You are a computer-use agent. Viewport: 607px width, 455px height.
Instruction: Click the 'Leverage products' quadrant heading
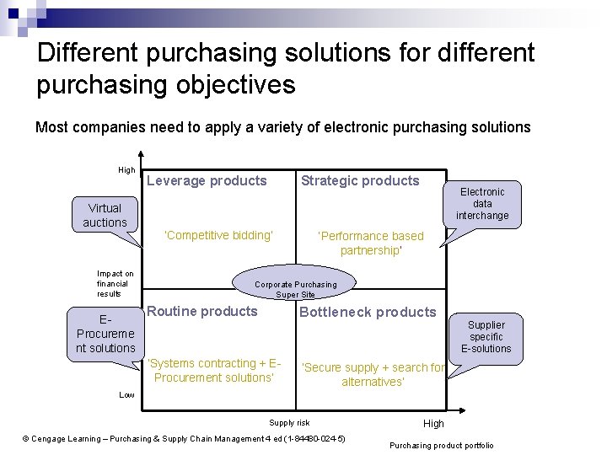coord(207,180)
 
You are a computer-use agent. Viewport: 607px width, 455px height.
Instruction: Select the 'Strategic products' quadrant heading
coord(360,180)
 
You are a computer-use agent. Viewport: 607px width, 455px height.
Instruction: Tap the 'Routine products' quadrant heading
coord(202,311)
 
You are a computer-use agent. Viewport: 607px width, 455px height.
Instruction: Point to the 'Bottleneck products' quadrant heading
coord(368,312)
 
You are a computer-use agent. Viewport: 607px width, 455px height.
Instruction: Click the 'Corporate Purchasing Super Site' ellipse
coord(295,285)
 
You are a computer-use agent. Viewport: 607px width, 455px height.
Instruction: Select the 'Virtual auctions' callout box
coord(105,215)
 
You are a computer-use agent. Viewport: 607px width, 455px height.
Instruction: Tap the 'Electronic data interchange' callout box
coord(482,204)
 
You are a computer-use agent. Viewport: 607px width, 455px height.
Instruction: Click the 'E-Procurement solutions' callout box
coord(105,334)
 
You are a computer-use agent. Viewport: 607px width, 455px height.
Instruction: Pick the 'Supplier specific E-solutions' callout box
coord(486,336)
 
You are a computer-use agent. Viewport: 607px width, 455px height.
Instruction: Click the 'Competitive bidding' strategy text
coord(218,235)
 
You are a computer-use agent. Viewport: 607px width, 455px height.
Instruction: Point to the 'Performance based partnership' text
coord(370,243)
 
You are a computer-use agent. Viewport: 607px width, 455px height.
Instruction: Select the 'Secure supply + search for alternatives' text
coord(373,374)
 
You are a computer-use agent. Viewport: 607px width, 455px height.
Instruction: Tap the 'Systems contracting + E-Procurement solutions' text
coord(214,370)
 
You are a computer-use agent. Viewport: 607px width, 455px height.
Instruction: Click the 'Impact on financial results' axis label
coord(115,283)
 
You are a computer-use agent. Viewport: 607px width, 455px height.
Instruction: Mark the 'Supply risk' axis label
coord(289,422)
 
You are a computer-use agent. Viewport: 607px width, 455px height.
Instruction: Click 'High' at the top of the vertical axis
coord(126,170)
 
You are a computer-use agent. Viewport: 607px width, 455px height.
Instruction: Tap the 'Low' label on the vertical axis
coord(126,394)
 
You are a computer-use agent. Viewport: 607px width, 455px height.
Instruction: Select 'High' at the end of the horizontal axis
coord(433,423)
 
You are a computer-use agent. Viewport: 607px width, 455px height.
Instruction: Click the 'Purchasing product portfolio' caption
coord(442,445)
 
